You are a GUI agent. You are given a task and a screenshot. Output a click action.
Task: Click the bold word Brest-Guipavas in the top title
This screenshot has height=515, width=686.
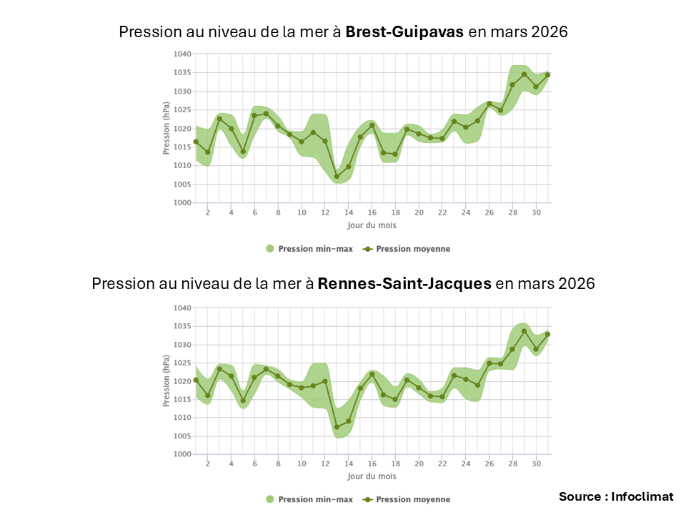404,32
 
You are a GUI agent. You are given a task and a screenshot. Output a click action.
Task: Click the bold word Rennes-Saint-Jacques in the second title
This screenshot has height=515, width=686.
404,283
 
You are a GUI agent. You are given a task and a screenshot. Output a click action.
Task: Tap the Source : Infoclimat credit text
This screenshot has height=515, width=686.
616,496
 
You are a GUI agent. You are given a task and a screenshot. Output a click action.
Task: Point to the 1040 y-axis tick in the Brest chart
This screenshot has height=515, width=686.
182,54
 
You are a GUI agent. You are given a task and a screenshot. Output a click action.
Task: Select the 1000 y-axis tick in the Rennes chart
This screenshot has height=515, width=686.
182,454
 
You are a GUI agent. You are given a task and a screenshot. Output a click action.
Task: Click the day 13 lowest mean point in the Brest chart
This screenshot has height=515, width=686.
337,177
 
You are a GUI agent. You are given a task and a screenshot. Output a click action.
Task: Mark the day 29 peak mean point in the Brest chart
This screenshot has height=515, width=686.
524,74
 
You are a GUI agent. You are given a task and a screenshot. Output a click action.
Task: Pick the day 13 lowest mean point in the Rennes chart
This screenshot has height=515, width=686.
337,427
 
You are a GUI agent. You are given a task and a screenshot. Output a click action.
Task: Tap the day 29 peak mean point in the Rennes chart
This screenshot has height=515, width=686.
524,331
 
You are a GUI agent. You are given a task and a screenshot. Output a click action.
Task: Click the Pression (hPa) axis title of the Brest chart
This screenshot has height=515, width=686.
166,129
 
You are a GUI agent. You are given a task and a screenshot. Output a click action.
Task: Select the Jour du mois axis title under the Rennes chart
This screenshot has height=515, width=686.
372,476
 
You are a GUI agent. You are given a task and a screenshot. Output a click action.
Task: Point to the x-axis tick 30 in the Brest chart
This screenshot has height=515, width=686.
535,212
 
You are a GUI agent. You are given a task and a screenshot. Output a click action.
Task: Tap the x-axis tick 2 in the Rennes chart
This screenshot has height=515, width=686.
208,464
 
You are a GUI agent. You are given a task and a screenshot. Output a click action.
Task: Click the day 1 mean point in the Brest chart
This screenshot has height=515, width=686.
196,142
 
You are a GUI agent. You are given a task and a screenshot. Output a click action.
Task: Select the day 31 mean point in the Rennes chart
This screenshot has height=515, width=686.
547,334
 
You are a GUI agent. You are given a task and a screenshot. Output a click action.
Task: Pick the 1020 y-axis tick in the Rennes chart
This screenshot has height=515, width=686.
182,381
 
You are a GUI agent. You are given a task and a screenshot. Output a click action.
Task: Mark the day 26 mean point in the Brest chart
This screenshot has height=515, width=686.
489,104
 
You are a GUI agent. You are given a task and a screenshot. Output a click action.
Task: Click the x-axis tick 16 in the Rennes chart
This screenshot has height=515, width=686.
372,464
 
